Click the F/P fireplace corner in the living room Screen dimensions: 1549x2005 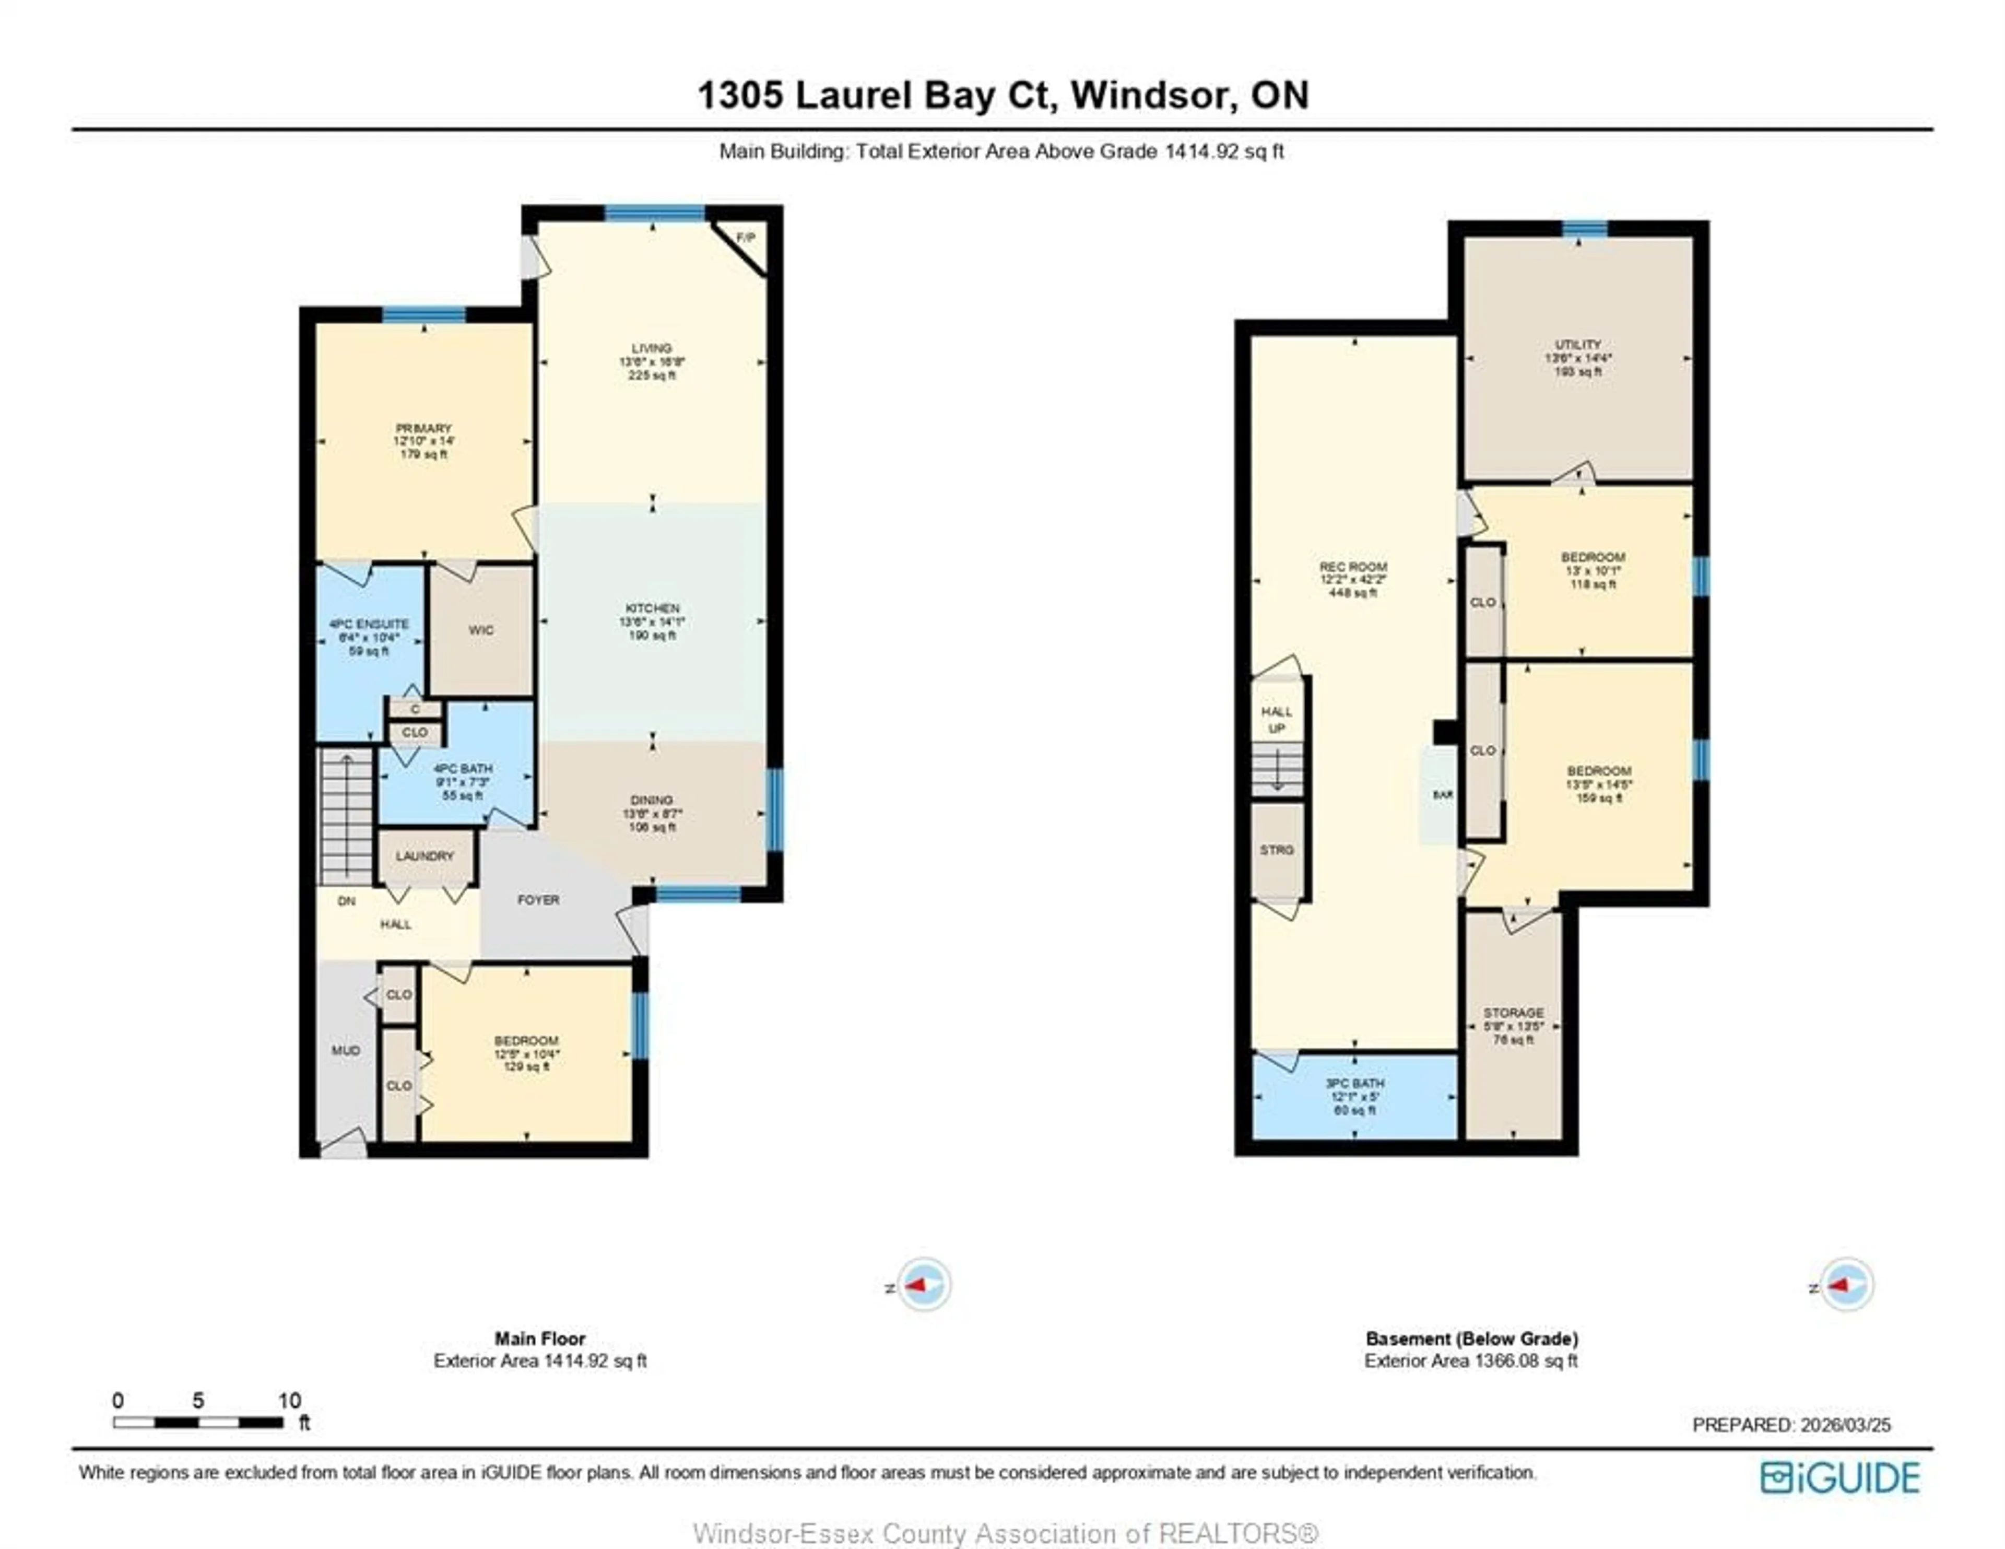(746, 239)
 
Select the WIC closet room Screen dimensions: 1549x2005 (481, 630)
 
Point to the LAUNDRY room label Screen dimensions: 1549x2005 (425, 856)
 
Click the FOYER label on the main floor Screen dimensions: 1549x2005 (538, 900)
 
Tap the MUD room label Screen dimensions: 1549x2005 (345, 1050)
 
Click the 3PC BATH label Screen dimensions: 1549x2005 (1355, 1084)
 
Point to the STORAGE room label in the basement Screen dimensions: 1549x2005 (1513, 1013)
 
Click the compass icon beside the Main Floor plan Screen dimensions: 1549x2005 (924, 1285)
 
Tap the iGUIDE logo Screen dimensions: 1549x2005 (1840, 1477)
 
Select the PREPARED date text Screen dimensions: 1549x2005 (1791, 1425)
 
